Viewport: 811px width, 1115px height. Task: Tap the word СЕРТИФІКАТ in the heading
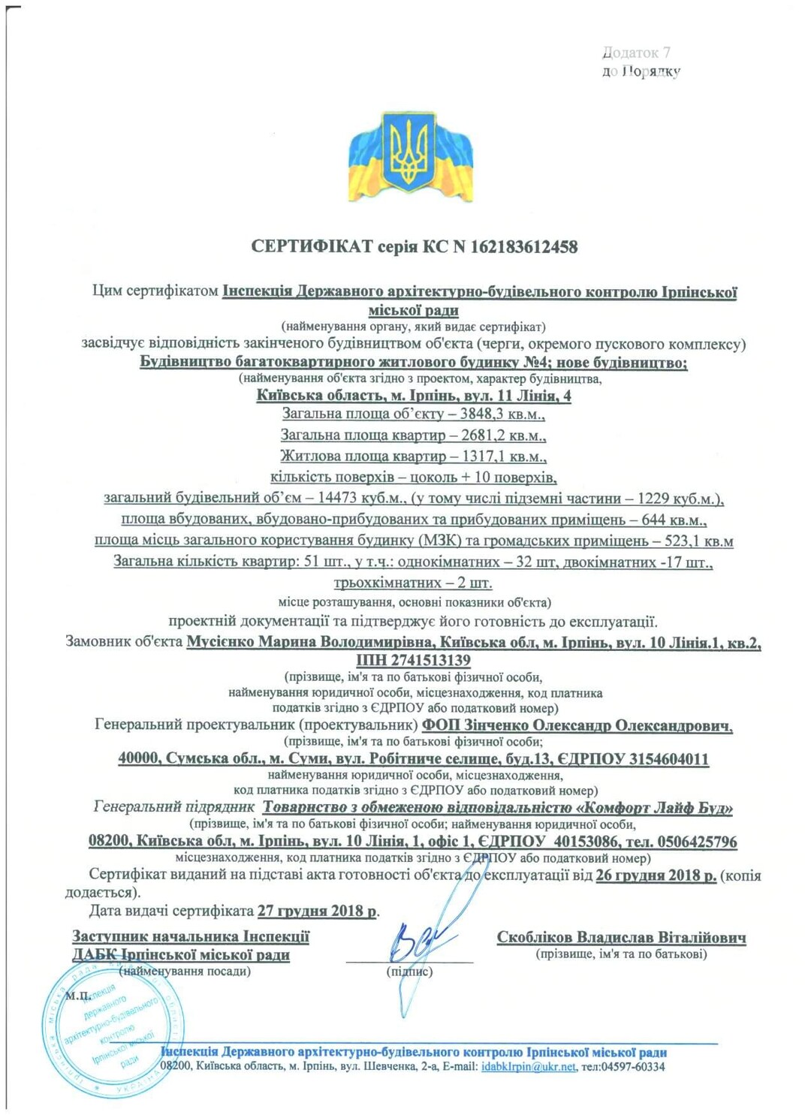(312, 246)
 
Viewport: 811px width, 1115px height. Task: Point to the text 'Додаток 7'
(636, 53)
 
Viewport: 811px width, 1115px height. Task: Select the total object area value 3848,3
(481, 414)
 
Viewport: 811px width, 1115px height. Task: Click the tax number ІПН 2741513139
(414, 661)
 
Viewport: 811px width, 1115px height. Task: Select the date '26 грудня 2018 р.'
(656, 875)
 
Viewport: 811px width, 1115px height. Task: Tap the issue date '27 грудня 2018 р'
(317, 911)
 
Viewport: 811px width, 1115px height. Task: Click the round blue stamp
(113, 1025)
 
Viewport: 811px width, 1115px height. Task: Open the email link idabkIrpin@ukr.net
(529, 1066)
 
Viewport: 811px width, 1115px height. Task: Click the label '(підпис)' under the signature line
(409, 972)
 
